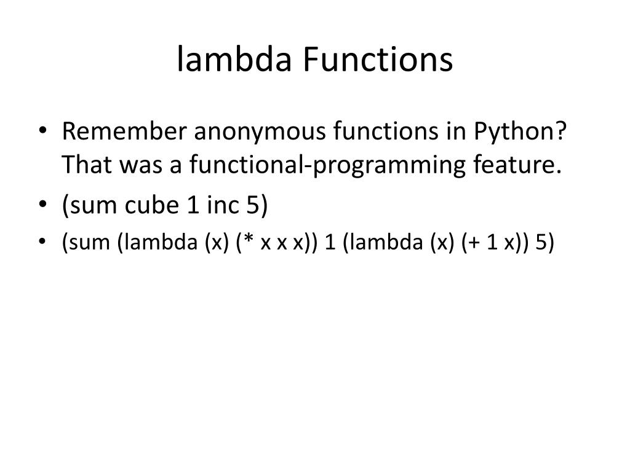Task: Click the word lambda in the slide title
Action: click(236, 60)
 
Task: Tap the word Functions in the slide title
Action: click(378, 60)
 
